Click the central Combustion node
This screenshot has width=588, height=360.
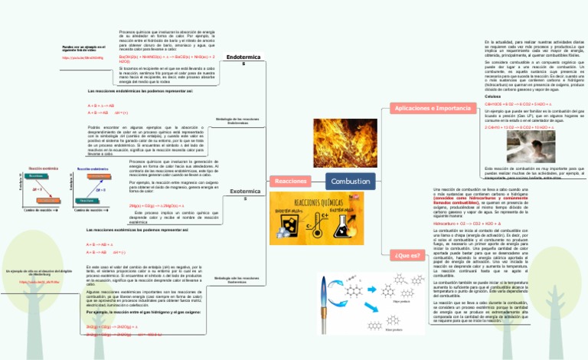pyautogui.click(x=351, y=181)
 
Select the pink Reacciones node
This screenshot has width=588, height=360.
pyautogui.click(x=290, y=181)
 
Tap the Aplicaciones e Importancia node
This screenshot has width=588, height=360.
pyautogui.click(x=433, y=109)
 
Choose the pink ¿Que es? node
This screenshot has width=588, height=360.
pyautogui.click(x=406, y=254)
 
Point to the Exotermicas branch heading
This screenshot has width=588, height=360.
pyautogui.click(x=244, y=194)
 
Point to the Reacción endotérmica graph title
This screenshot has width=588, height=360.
pyautogui.click(x=44, y=167)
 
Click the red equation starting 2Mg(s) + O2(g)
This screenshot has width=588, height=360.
pyautogui.click(x=156, y=206)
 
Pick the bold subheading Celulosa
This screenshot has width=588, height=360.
pyautogui.click(x=493, y=97)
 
